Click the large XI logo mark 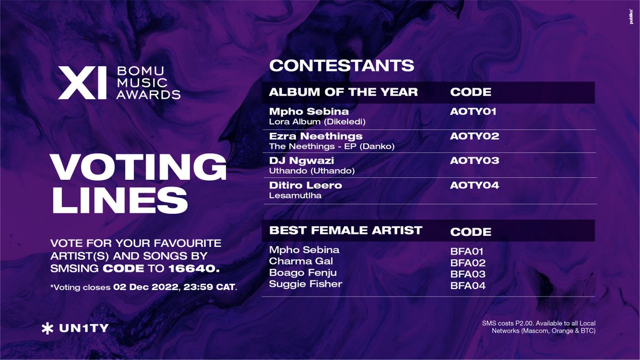[x=82, y=83]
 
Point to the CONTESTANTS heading [x=341, y=66]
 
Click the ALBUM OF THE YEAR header [x=343, y=92]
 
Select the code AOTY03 [x=475, y=161]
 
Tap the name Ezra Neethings [x=316, y=136]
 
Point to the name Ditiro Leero [x=306, y=185]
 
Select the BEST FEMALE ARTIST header [x=346, y=230]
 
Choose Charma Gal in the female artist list [x=301, y=261]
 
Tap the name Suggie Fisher [x=306, y=284]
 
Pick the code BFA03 [x=468, y=274]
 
